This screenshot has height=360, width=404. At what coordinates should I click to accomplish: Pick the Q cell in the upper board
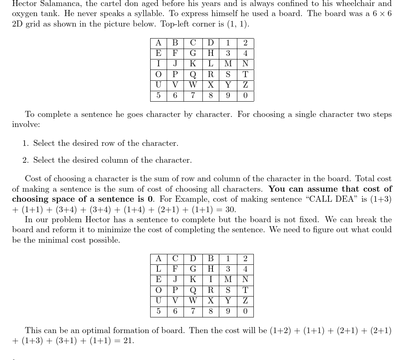193,75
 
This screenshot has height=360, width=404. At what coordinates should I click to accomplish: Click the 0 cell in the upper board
245,96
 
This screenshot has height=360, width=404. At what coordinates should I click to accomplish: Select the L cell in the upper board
210,64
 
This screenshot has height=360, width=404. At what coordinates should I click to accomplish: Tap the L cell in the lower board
159,269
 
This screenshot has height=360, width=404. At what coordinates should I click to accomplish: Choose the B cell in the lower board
210,258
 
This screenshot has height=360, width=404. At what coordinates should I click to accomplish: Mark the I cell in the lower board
210,280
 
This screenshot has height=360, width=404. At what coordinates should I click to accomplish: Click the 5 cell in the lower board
159,311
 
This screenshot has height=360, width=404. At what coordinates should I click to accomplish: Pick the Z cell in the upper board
245,85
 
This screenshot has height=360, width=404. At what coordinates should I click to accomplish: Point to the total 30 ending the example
229,210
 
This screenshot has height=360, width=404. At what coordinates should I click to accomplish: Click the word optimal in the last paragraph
97,331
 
